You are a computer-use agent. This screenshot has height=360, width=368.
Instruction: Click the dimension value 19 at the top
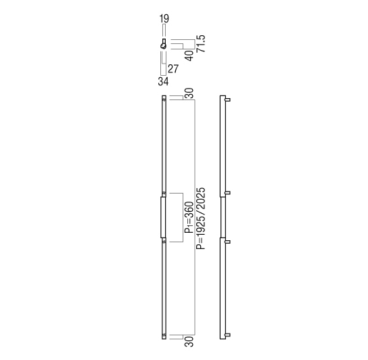164,18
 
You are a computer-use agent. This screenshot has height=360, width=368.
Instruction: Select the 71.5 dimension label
201,44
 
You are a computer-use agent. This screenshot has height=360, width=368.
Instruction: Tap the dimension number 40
190,55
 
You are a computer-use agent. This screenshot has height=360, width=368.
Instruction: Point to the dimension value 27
173,69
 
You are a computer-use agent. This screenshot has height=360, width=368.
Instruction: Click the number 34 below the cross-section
163,81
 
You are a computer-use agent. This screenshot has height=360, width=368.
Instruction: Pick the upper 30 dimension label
189,93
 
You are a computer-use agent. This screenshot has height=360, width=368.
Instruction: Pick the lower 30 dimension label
189,342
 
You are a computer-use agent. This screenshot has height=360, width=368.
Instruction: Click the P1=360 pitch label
189,217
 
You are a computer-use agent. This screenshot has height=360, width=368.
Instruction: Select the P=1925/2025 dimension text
201,219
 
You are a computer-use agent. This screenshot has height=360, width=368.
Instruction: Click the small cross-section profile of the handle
164,44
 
